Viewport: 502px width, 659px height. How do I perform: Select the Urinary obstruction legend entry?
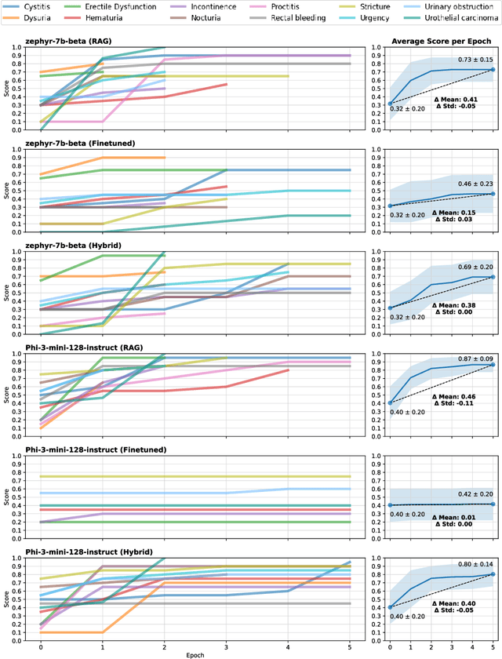[457, 6]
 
